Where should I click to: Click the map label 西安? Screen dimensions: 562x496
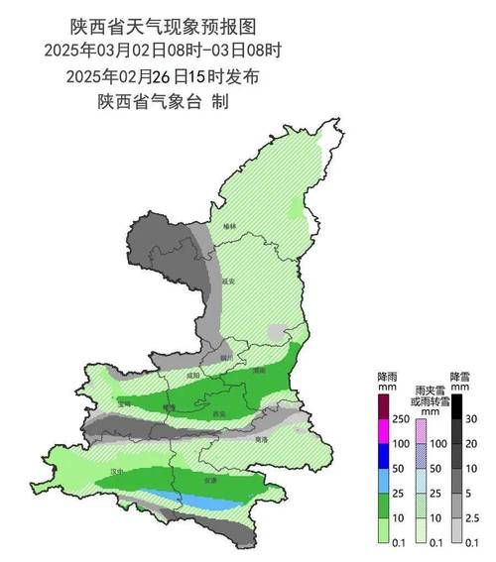click(x=219, y=413)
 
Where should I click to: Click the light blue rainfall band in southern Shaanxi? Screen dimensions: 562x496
click(x=188, y=501)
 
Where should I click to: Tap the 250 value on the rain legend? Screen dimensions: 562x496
click(x=402, y=420)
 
